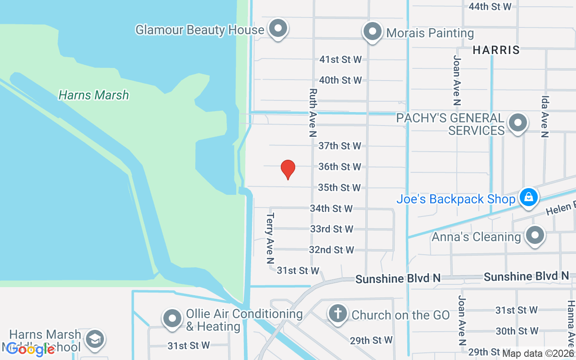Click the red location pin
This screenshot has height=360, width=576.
coord(288,169)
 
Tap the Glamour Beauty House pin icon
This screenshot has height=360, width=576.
coord(278,29)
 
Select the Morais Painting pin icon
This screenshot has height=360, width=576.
coord(372,32)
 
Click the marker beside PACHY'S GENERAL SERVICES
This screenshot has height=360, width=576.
coord(517,122)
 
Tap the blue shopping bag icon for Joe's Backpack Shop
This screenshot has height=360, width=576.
coord(529,198)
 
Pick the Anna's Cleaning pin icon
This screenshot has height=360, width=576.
coord(535,235)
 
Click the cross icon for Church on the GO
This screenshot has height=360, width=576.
coord(337,313)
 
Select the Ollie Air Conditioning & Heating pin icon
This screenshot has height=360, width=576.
coord(172,319)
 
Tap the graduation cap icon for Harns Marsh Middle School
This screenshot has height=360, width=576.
coord(95,339)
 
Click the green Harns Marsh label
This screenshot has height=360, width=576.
coord(94,95)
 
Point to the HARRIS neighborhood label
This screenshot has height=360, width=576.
coord(496,50)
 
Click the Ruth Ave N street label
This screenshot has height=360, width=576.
coord(312,112)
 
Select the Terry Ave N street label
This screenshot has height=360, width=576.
coord(270,238)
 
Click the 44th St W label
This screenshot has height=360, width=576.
coord(490,7)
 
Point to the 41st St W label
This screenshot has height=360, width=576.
coord(341,59)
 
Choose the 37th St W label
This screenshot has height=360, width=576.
coord(340,146)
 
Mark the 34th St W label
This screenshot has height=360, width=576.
coord(331,208)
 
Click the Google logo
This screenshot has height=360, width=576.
coord(31,349)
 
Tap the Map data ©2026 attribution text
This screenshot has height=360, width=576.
coord(538,354)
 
